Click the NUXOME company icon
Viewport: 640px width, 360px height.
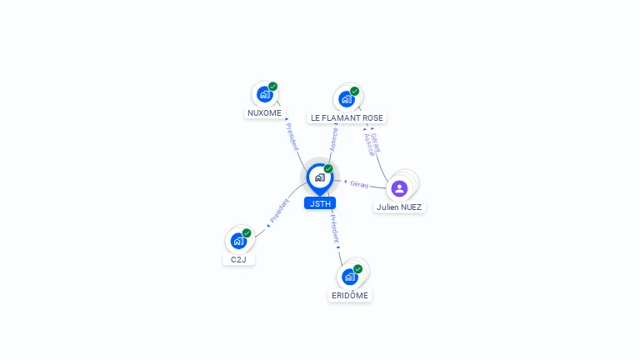pyautogui.click(x=265, y=95)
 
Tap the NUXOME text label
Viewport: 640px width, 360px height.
pyautogui.click(x=265, y=112)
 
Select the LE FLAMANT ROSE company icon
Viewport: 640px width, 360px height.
pyautogui.click(x=346, y=99)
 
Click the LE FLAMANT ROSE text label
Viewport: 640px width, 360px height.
pyautogui.click(x=347, y=118)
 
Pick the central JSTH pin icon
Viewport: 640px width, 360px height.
pyautogui.click(x=319, y=177)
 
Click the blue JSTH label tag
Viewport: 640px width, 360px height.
pyautogui.click(x=319, y=203)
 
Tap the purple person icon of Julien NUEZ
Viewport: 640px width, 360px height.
pyautogui.click(x=399, y=188)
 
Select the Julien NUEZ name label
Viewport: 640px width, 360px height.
pyautogui.click(x=400, y=207)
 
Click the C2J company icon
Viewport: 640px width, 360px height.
pyautogui.click(x=238, y=241)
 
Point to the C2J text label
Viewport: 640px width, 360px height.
pyautogui.click(x=238, y=259)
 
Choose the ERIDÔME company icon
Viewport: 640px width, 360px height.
pyautogui.click(x=350, y=277)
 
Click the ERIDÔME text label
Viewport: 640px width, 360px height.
pyautogui.click(x=350, y=295)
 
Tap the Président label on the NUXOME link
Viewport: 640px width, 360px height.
pyautogui.click(x=292, y=137)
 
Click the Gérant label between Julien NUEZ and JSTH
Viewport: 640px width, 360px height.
pyautogui.click(x=359, y=184)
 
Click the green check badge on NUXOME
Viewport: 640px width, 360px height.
pyautogui.click(x=273, y=87)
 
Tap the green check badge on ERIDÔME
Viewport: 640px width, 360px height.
pyautogui.click(x=358, y=268)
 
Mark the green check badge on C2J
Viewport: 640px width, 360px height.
pyautogui.click(x=247, y=233)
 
